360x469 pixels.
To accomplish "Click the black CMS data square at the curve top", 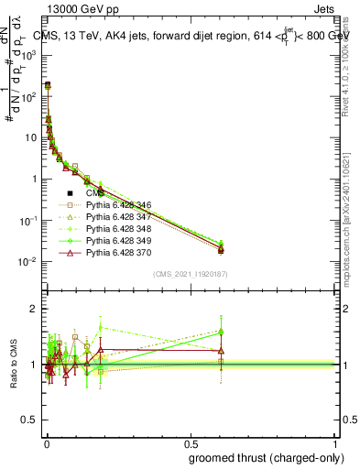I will (47, 85).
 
